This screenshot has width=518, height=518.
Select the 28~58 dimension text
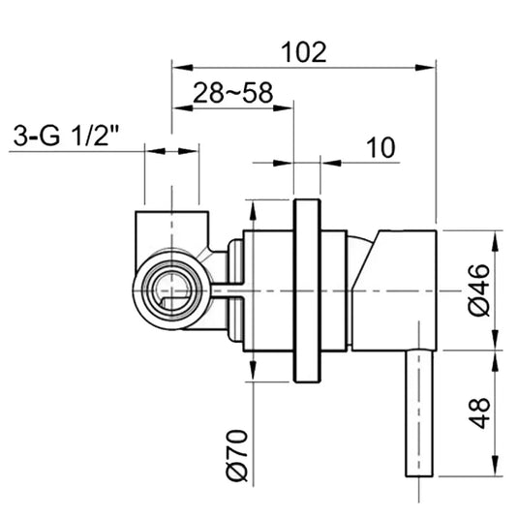point(231,94)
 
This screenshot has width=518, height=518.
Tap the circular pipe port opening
point(173,289)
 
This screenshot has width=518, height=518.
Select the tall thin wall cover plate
point(307,289)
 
